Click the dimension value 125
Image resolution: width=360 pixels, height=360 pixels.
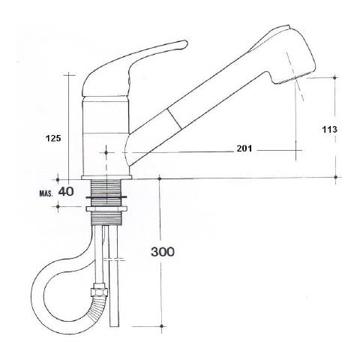(53, 138)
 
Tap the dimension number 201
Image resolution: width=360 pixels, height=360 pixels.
(244, 148)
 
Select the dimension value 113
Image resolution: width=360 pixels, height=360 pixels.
(329, 129)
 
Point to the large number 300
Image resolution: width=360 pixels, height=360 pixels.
(163, 252)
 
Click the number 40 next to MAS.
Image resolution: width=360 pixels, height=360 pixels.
(66, 192)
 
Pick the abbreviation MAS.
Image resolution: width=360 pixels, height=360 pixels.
(46, 193)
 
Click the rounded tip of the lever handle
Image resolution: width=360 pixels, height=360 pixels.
(184, 43)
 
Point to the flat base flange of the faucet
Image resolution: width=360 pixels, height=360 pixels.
(106, 177)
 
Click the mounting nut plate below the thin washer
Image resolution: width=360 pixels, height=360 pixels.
(106, 208)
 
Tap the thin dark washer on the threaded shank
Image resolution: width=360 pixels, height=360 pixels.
(106, 198)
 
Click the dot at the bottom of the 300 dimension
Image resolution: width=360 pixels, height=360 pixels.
(161, 326)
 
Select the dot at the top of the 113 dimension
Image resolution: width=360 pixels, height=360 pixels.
(335, 77)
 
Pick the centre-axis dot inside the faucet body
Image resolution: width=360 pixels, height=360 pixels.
(106, 152)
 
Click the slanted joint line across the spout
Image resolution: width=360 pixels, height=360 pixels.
(174, 117)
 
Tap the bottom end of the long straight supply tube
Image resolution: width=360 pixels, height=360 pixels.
(114, 326)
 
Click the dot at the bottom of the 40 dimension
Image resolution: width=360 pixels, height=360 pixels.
(58, 206)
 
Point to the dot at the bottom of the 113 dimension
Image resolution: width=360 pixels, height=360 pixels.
(336, 177)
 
